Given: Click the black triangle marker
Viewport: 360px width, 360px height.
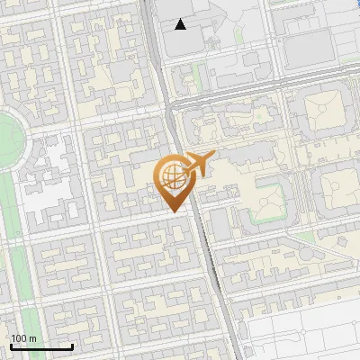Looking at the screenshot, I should pos(181,24).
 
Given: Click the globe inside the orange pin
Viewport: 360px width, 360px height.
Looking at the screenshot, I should pos(173,176).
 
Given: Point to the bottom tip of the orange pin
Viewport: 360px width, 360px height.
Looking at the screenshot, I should pos(174,211).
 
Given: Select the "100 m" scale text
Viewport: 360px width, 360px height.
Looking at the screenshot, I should pos(23,338).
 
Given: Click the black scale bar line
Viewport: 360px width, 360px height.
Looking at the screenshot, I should pos(41,346).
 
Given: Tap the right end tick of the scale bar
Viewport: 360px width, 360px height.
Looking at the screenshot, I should pos(72,345).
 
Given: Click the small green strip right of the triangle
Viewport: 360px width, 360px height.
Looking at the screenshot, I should pos(238,36).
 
